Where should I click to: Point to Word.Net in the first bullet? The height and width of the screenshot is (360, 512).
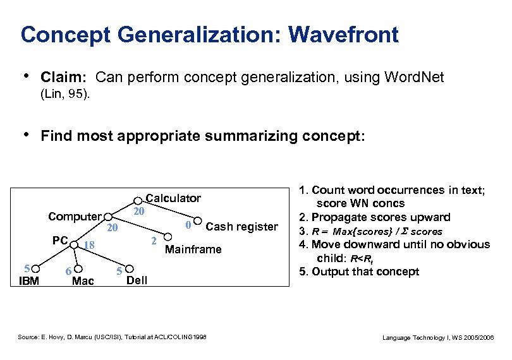click(x=418, y=78)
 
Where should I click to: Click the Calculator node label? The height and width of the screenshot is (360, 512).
click(x=173, y=198)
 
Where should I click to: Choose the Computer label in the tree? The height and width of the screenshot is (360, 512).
click(x=75, y=217)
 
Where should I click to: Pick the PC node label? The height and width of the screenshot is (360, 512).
click(x=60, y=241)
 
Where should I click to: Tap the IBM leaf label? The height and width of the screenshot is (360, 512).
click(x=28, y=280)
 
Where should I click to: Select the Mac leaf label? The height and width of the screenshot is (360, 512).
click(x=83, y=280)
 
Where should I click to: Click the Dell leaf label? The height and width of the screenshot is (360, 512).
click(x=137, y=280)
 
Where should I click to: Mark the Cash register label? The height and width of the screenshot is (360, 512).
click(x=241, y=227)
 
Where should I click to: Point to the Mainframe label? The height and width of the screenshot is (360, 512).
click(x=193, y=249)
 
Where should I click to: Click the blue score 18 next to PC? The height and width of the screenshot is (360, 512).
click(x=89, y=245)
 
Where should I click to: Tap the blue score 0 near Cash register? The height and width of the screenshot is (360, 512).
click(x=188, y=225)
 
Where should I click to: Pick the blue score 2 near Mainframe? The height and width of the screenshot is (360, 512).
click(x=154, y=241)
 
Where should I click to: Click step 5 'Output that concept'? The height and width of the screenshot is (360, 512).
click(x=359, y=272)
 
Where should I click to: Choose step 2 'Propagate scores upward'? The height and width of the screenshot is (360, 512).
click(x=374, y=217)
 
